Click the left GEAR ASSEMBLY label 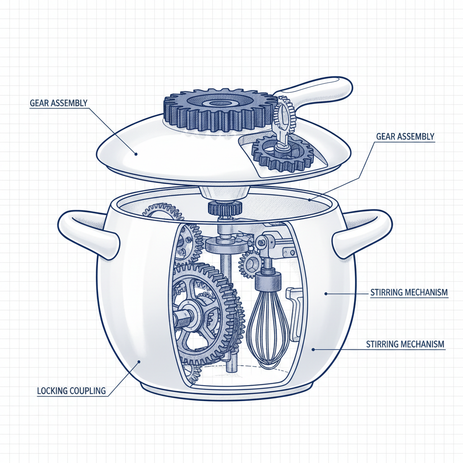tap(58, 103)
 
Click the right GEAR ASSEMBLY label tap(405, 136)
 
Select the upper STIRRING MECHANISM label tap(409, 293)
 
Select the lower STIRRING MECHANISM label tap(405, 345)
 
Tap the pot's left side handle tap(89, 231)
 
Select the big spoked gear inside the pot tap(203, 312)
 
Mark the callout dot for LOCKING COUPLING tap(139, 360)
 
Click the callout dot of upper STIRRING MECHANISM tap(326, 293)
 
